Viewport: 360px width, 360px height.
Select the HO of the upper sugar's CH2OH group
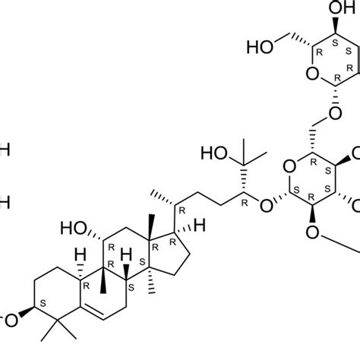[260, 48]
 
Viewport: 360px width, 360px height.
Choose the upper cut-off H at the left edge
[4, 150]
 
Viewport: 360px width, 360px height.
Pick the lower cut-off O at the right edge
[355, 204]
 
